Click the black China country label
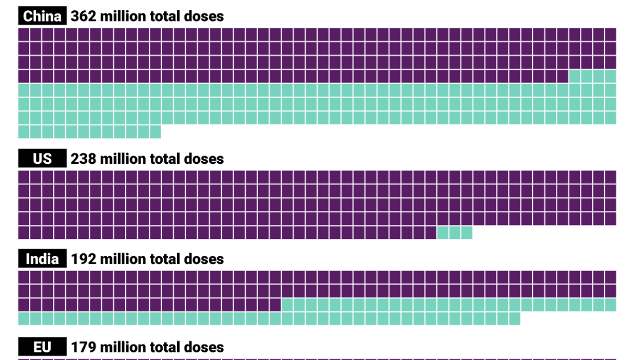43,16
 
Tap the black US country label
43,159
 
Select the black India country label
43,258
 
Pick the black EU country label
43,347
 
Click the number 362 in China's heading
83,16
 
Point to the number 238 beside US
83,159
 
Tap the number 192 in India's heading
83,258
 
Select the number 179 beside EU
83,347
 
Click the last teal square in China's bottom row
156,132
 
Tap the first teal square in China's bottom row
24,132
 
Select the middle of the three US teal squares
455,233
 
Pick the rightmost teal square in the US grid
467,233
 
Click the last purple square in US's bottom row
431,233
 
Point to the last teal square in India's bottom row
515,318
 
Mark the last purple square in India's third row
275,305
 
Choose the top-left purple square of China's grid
24,34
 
